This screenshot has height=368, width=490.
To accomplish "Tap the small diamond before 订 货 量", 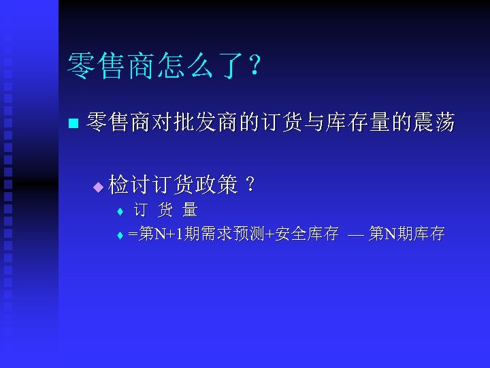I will click(119, 211).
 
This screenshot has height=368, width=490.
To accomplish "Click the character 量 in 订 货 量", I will click(190, 210).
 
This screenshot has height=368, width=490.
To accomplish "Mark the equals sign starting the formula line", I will click(133, 235).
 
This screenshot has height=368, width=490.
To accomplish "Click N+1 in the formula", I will click(169, 234).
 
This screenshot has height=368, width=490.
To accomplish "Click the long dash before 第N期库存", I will click(355, 235).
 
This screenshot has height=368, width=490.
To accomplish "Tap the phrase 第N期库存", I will click(407, 234).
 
